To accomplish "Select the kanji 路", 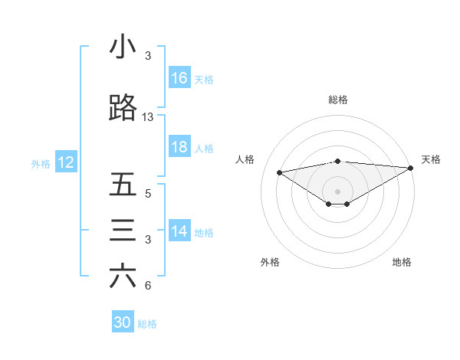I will pyautogui.click(x=123, y=109).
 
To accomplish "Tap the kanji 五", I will pyautogui.click(x=123, y=185).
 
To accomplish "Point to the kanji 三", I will pyautogui.click(x=123, y=231).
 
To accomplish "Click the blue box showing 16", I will pyautogui.click(x=179, y=78).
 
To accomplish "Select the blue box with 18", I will pyautogui.click(x=179, y=148).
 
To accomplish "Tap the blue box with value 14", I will pyautogui.click(x=179, y=232).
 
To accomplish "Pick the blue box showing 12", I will pyautogui.click(x=65, y=162).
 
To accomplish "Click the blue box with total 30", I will pyautogui.click(x=123, y=322).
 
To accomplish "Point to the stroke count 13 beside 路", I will pyautogui.click(x=148, y=117).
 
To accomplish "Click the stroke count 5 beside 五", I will pyautogui.click(x=148, y=194).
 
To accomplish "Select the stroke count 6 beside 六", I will pyautogui.click(x=148, y=286).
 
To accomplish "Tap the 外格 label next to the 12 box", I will pyautogui.click(x=41, y=163).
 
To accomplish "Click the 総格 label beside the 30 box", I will pyautogui.click(x=148, y=324).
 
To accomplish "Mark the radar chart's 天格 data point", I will pyautogui.click(x=411, y=168).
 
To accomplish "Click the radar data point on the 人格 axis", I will pyautogui.click(x=279, y=172).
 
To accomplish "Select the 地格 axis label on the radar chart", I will pyautogui.click(x=402, y=263).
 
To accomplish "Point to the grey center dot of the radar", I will pyautogui.click(x=337, y=190).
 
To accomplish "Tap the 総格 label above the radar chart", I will pyautogui.click(x=337, y=100).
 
